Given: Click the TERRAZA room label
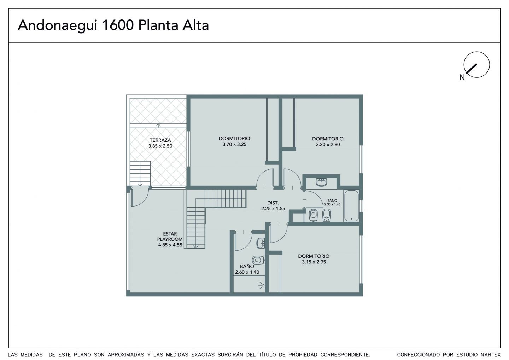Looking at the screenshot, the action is [x=160, y=140].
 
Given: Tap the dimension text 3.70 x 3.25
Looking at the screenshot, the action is [x=234, y=144].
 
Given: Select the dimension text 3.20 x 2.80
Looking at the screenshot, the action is [x=328, y=145].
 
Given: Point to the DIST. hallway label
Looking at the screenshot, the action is [x=273, y=203].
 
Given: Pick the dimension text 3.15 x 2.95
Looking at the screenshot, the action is [x=314, y=262].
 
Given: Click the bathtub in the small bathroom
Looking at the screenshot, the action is [x=351, y=206].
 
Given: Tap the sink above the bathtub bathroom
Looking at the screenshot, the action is [x=321, y=182].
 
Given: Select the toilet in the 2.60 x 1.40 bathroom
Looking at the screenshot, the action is [x=258, y=260].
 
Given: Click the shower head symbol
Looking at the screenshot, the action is [x=262, y=285].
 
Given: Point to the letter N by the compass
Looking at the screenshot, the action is [x=462, y=77].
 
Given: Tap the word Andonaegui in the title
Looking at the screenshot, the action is [x=58, y=26].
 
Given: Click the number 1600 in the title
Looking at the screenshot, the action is [x=118, y=25].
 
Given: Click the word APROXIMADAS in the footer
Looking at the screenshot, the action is [x=126, y=355].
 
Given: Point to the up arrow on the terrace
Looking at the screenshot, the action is [x=158, y=126].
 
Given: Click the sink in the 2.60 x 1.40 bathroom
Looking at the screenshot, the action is [x=261, y=243].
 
